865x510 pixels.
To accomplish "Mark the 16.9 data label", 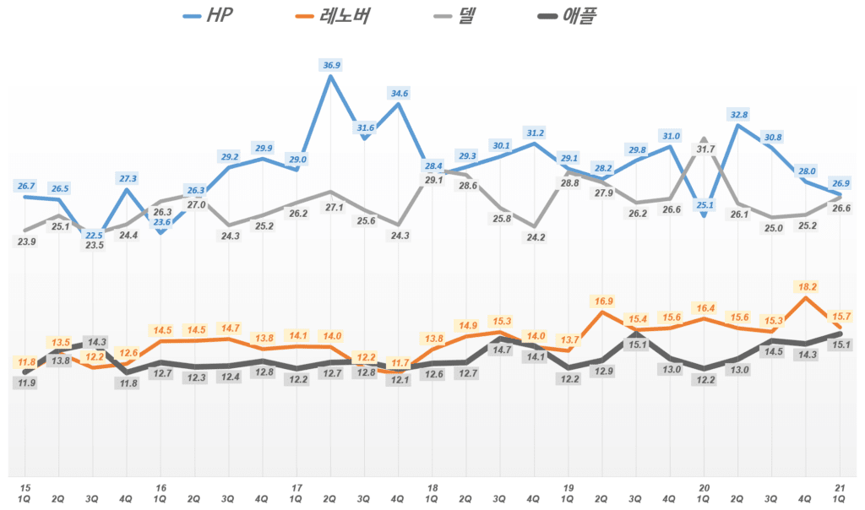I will [603, 301].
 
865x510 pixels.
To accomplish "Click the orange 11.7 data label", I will [400, 363].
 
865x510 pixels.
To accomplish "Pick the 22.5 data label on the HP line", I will [92, 236].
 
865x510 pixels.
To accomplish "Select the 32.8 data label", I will [739, 115].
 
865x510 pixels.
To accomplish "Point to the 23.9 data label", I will [26, 241].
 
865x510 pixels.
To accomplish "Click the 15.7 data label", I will [841, 316].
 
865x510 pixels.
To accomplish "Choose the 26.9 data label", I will [841, 182].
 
